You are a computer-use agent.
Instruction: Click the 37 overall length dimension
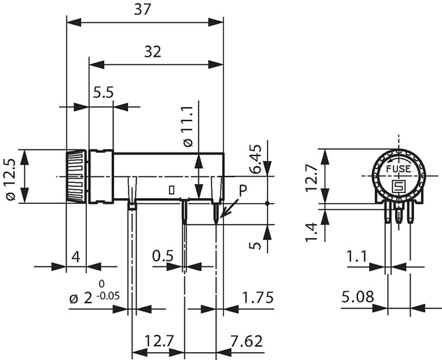144,10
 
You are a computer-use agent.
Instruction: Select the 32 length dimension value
152,52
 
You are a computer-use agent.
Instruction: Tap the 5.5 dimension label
104,93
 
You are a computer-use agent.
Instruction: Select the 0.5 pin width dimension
162,256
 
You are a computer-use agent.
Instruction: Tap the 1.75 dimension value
257,297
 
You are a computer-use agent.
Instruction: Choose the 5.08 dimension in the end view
358,296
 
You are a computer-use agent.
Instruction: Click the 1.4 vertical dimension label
312,231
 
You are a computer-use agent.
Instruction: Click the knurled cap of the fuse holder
76,176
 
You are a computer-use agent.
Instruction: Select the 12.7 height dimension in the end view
312,176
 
